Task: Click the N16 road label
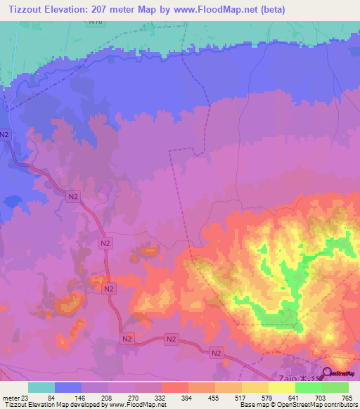click(96, 22)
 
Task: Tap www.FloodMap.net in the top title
click(259, 8)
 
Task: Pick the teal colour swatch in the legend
click(41, 387)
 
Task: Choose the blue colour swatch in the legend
click(68, 387)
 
